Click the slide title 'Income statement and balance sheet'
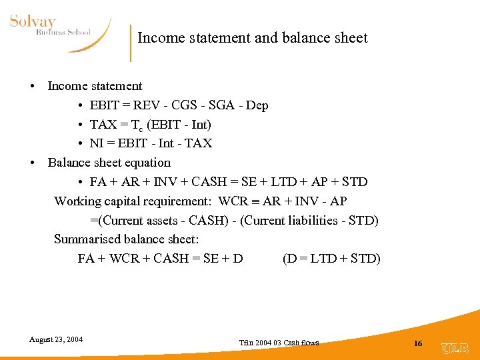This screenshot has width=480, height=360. click(x=252, y=38)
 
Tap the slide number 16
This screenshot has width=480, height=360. click(x=418, y=343)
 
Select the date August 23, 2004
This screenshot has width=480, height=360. click(x=56, y=339)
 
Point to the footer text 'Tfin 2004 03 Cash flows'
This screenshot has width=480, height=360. click(x=279, y=343)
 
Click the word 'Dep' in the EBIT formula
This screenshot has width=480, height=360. click(x=257, y=105)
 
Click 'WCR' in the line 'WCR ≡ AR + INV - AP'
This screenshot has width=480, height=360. click(x=233, y=201)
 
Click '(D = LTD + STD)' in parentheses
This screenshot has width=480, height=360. click(x=331, y=258)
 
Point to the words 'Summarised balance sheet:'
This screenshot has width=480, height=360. click(x=127, y=239)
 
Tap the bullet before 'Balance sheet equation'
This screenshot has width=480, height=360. click(x=32, y=163)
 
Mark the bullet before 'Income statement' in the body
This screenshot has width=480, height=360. click(x=32, y=87)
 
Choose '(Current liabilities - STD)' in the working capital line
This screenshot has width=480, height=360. click(x=308, y=220)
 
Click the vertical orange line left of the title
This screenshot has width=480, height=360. click(x=131, y=43)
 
